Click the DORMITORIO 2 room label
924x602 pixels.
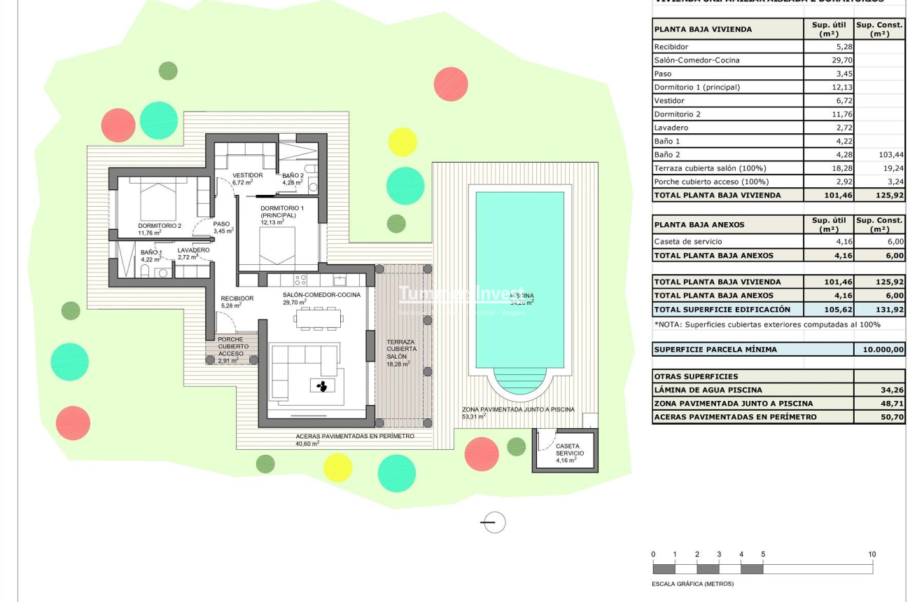[x=160, y=226]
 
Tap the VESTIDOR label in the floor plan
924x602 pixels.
[x=248, y=175]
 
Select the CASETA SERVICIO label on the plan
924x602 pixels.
[x=567, y=449]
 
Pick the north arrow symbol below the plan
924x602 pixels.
[x=494, y=522]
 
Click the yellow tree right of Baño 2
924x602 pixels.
[x=402, y=142]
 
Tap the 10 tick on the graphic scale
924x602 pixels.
[x=871, y=555]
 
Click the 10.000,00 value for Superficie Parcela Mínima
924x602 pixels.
[x=879, y=349]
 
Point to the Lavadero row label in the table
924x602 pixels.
[x=671, y=128]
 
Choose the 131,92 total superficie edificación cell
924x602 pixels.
[x=879, y=309]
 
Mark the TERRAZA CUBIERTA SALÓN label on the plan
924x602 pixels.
[x=401, y=349]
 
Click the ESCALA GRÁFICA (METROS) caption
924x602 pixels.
[x=692, y=584]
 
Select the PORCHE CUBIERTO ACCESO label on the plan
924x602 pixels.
[x=231, y=346]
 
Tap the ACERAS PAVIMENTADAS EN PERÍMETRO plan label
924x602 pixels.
[x=354, y=436]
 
